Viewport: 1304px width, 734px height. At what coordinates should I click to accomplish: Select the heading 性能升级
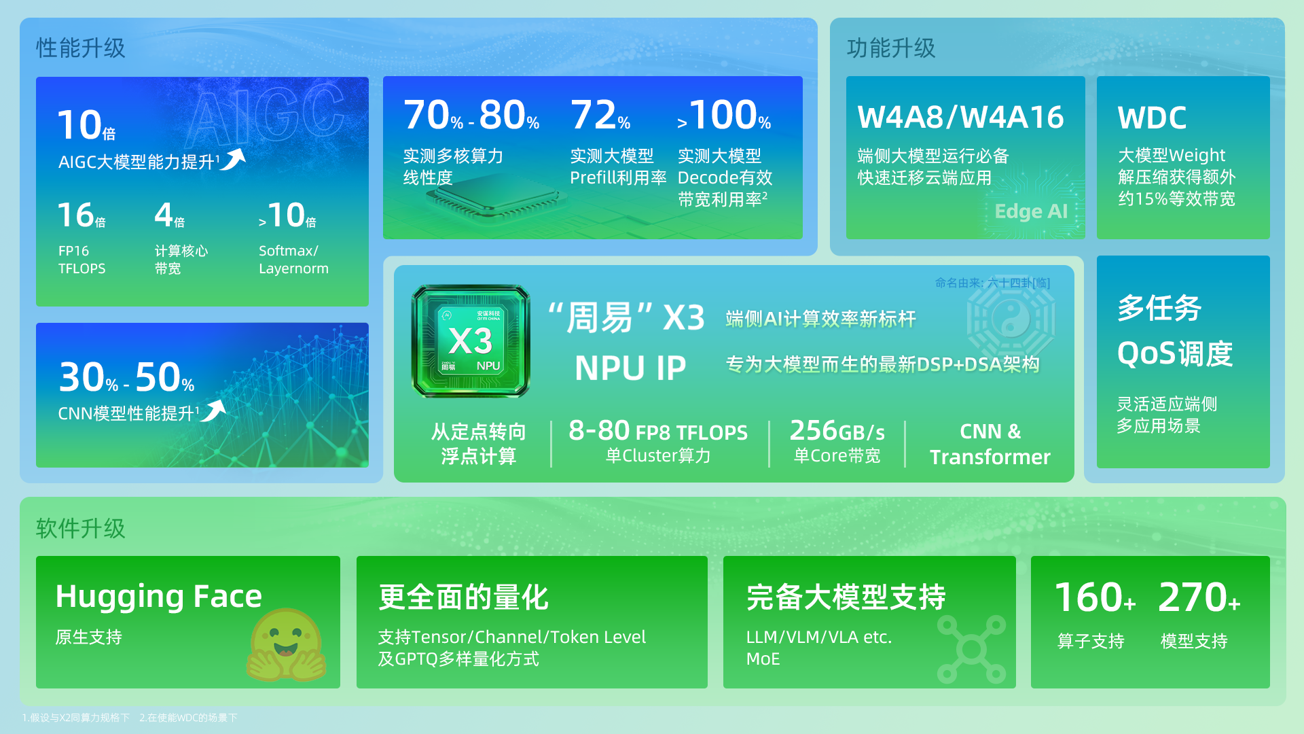pyautogui.click(x=81, y=48)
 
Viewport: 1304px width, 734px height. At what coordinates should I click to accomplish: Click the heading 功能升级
pyautogui.click(x=891, y=48)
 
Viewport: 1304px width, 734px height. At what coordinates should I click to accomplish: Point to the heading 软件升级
pyautogui.click(x=81, y=528)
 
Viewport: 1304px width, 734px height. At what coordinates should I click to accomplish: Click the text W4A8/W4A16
pyautogui.click(x=960, y=118)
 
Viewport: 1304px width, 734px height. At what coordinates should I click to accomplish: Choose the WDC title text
pyautogui.click(x=1152, y=118)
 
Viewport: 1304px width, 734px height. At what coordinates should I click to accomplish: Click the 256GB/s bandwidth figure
pyautogui.click(x=837, y=432)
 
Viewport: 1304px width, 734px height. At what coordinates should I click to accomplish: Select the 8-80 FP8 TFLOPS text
pyautogui.click(x=657, y=432)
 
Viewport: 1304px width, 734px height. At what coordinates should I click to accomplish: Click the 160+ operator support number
pyautogui.click(x=1094, y=598)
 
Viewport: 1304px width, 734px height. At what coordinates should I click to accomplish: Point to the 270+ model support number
pyautogui.click(x=1199, y=598)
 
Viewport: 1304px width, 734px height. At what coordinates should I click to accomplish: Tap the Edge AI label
pyautogui.click(x=1031, y=211)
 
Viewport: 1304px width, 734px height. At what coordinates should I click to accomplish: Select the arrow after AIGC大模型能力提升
pyautogui.click(x=233, y=159)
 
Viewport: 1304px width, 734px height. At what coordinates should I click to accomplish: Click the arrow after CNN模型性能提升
pyautogui.click(x=214, y=410)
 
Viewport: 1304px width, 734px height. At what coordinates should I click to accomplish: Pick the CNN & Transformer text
pyautogui.click(x=990, y=444)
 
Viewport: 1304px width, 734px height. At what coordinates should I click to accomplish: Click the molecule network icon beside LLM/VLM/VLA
pyautogui.click(x=971, y=649)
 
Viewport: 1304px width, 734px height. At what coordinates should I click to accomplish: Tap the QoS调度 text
pyautogui.click(x=1175, y=354)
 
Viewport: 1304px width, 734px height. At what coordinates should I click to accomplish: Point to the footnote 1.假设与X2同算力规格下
pyautogui.click(x=75, y=718)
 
